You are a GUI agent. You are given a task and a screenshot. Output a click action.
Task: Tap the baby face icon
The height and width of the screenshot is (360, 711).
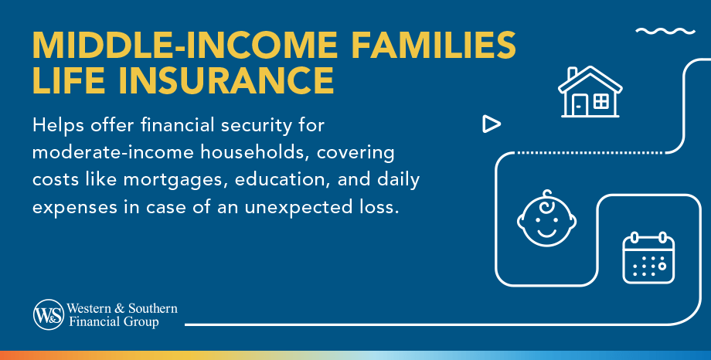pyautogui.click(x=546, y=218)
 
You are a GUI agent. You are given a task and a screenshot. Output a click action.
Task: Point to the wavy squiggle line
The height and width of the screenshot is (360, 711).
pyautogui.click(x=665, y=32)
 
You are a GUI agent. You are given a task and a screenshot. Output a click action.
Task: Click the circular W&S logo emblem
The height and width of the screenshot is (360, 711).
pyautogui.click(x=48, y=314)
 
